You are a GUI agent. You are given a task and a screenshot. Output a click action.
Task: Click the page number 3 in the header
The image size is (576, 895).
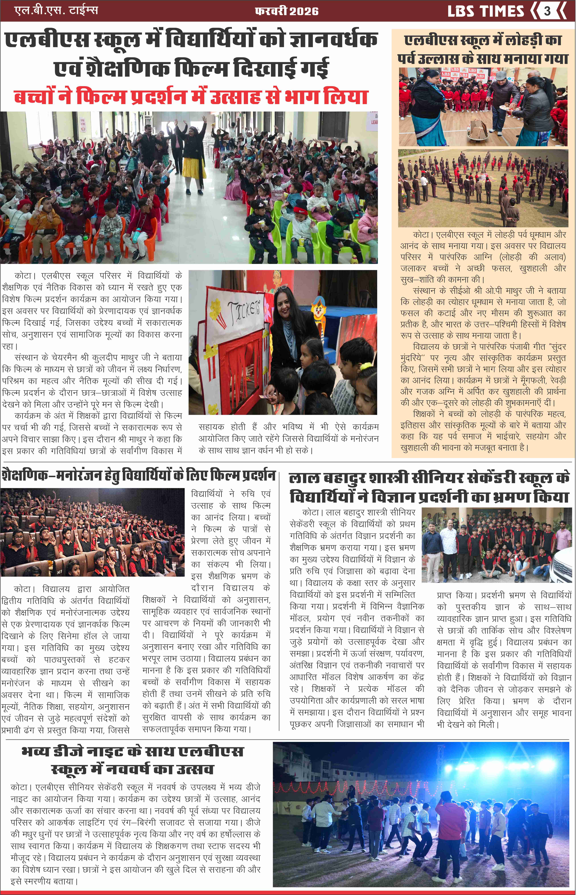547,11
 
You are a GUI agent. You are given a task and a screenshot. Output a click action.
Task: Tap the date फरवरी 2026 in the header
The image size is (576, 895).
287,11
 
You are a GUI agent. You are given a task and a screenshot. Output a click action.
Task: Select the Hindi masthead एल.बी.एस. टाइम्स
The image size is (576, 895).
56,10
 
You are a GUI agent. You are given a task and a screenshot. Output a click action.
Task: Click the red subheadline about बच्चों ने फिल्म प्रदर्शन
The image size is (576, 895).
191,97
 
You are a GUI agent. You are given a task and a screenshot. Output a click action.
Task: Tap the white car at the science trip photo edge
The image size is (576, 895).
563,563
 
